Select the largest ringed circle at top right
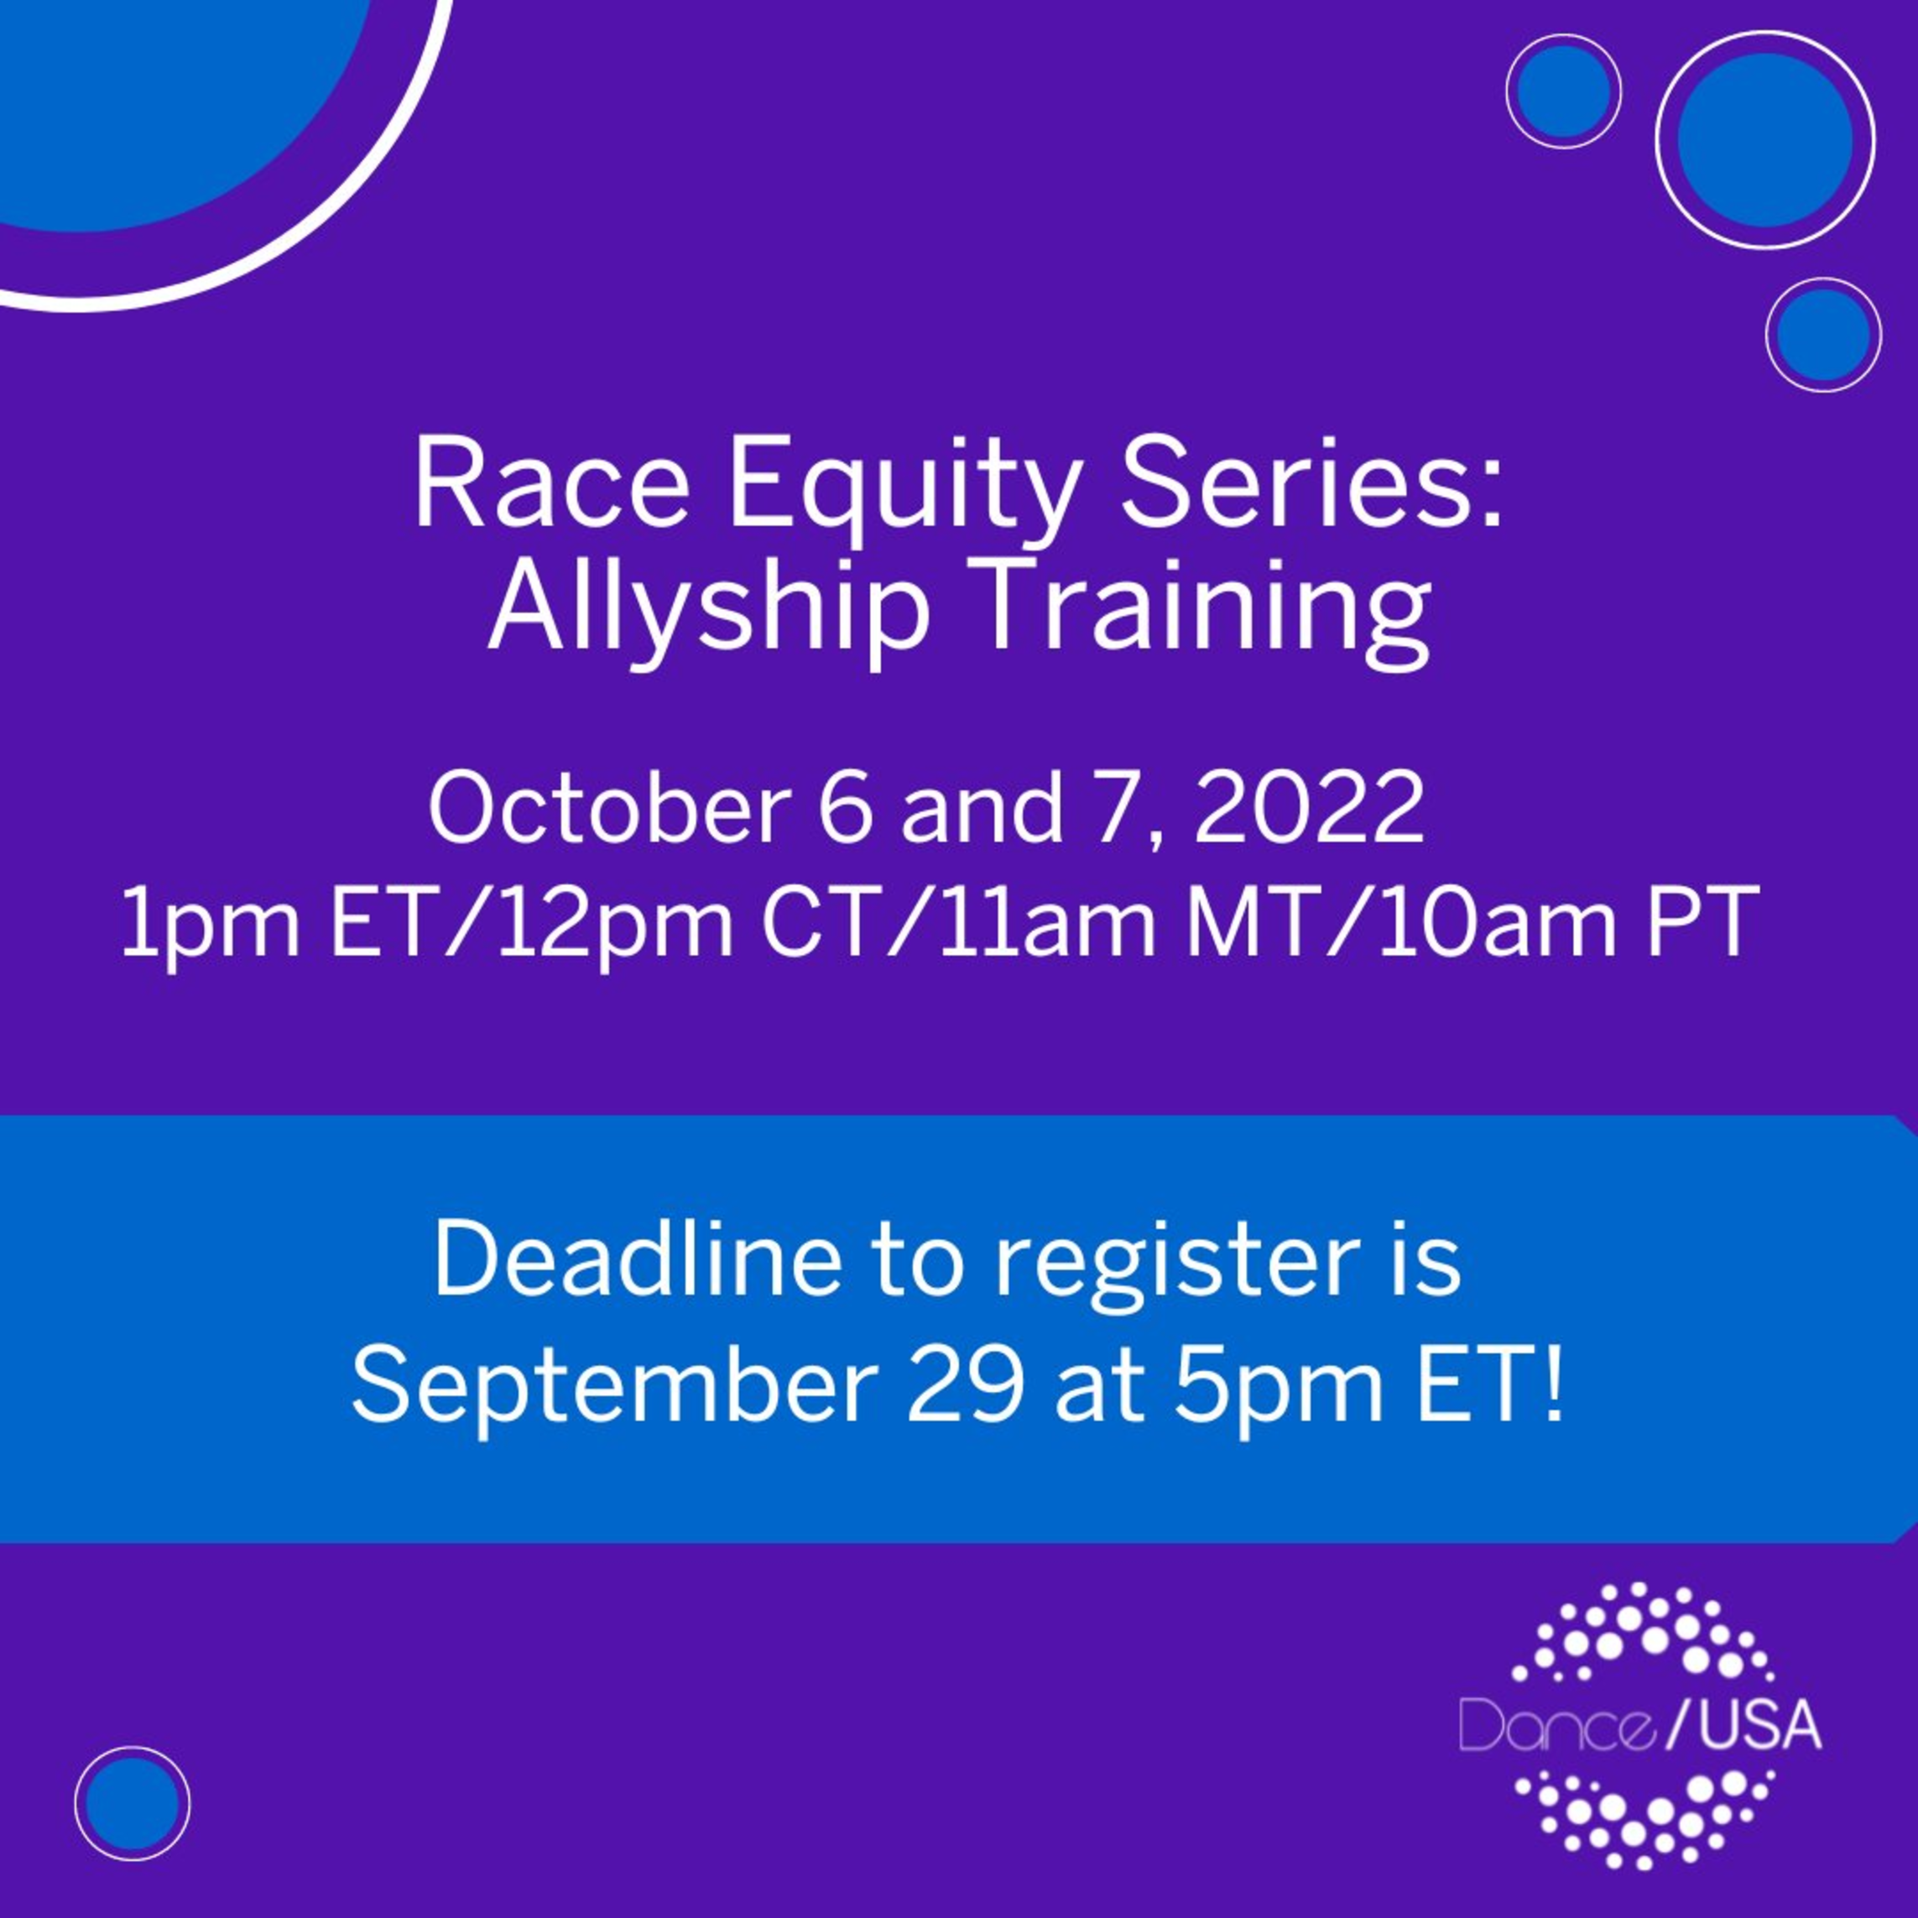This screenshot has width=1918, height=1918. [1765, 139]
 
